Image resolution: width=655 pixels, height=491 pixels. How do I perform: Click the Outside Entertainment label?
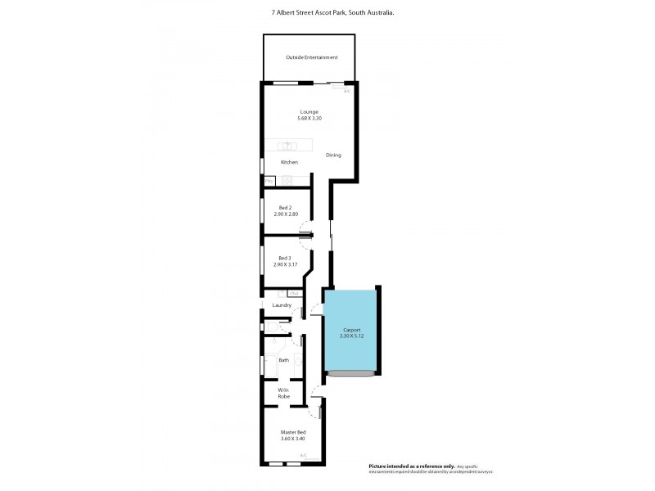click(x=311, y=57)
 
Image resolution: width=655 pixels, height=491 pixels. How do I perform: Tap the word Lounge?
click(x=309, y=112)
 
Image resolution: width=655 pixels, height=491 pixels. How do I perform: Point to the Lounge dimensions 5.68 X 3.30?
click(x=309, y=119)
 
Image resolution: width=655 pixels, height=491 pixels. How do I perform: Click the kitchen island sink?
click(x=287, y=146)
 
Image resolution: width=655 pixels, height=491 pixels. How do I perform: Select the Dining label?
click(x=333, y=155)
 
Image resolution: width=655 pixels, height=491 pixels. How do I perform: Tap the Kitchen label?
click(x=289, y=162)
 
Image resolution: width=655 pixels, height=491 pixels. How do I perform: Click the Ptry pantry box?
click(x=268, y=179)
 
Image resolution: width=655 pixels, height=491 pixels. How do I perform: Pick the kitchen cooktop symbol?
click(x=287, y=179)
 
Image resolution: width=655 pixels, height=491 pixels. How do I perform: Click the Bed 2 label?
click(x=285, y=208)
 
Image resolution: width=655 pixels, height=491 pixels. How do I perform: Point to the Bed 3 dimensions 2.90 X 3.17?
click(x=285, y=264)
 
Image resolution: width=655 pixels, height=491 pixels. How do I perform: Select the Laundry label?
click(x=282, y=305)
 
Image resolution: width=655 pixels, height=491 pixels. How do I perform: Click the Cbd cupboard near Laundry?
click(x=294, y=293)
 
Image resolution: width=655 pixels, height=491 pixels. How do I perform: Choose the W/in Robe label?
click(x=283, y=393)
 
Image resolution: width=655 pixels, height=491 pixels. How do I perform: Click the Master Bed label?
click(x=292, y=432)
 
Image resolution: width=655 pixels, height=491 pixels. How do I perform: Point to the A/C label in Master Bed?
click(x=302, y=455)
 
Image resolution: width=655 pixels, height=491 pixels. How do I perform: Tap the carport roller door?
click(x=351, y=374)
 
